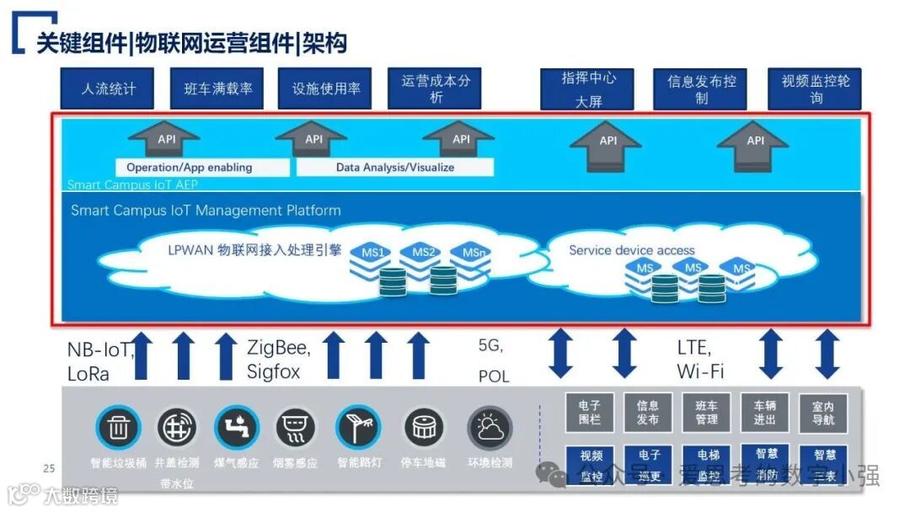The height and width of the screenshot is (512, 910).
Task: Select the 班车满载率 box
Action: point(218,89)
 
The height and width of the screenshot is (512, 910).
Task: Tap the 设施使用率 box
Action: point(326,89)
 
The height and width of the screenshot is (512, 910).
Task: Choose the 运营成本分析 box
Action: point(435,89)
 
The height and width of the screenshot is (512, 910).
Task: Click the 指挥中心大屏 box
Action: point(589,89)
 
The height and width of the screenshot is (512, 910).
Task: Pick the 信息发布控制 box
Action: point(701,89)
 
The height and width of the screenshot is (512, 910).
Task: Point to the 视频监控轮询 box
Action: point(815,89)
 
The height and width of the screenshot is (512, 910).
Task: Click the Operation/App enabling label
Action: point(190,168)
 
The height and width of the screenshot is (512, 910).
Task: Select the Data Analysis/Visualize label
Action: point(394,168)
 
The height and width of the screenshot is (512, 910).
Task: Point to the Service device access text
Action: point(632,250)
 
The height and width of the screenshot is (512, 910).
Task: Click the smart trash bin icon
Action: point(118,429)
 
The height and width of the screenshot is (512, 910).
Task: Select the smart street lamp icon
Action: point(359,429)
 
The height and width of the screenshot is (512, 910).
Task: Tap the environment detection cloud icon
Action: point(490,429)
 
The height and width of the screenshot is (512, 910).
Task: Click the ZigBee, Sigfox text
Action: point(279,359)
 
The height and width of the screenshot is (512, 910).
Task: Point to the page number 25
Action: point(49,468)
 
